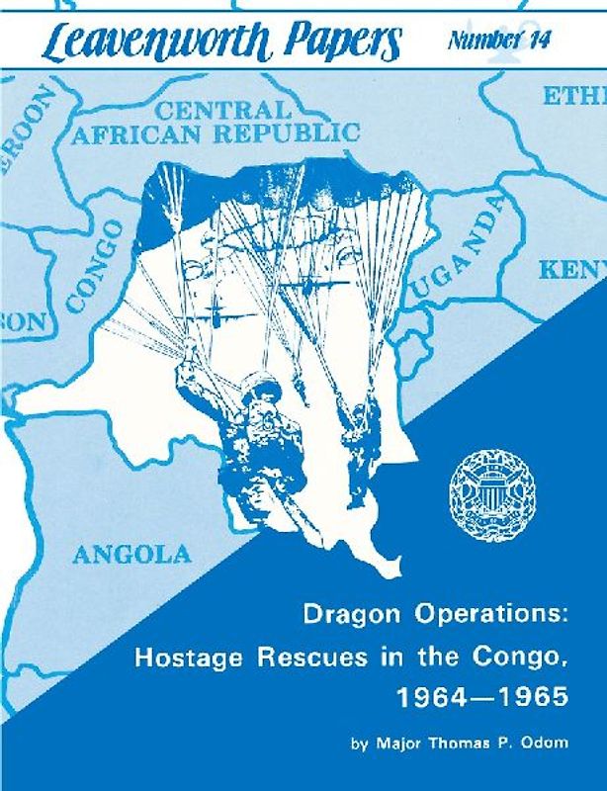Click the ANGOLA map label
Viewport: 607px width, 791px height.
click(130, 554)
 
